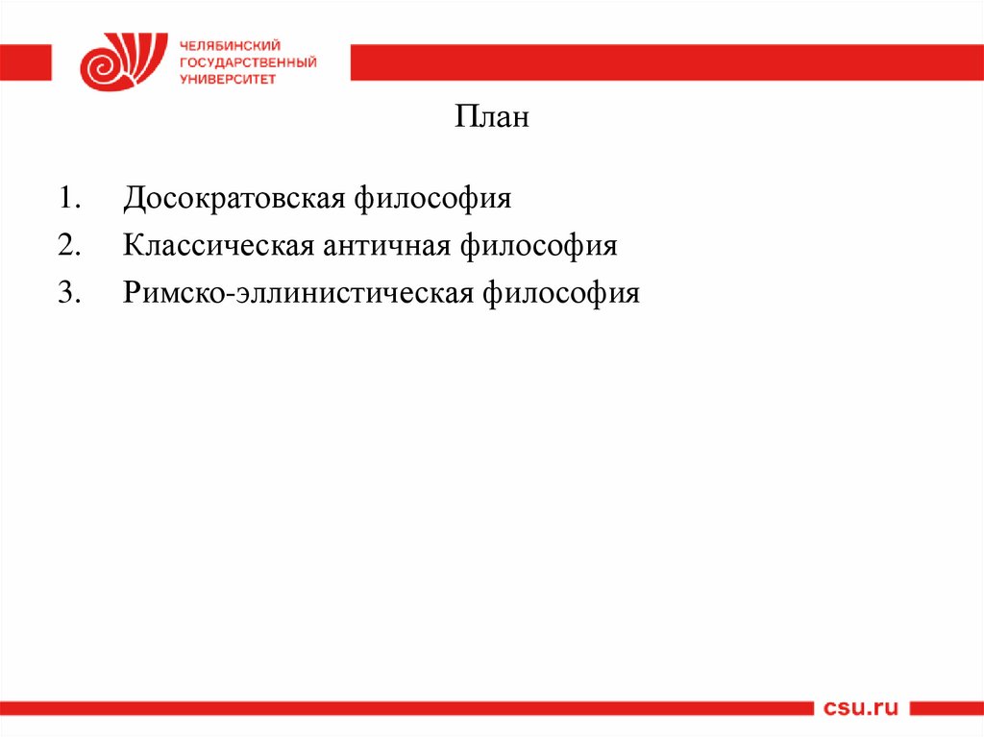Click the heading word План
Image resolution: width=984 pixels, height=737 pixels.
point(491,120)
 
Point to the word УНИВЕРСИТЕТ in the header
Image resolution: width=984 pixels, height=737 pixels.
point(227,79)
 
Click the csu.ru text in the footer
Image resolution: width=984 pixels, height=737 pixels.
point(861,708)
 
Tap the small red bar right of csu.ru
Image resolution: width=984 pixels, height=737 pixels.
point(947,708)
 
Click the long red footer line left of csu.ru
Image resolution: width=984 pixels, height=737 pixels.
point(404,708)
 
